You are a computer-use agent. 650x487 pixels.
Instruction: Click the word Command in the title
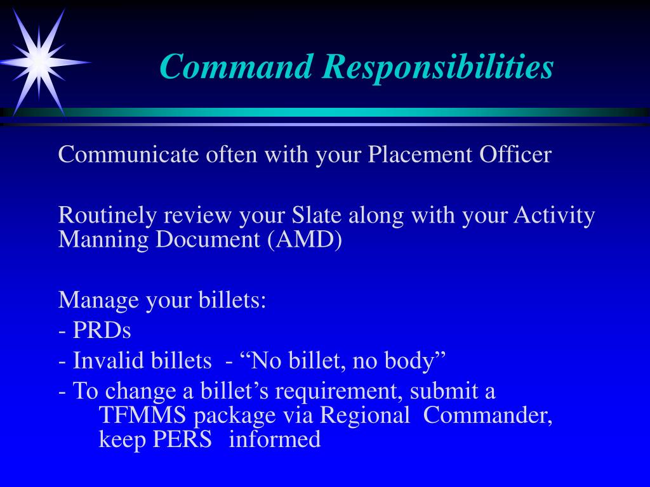click(x=235, y=67)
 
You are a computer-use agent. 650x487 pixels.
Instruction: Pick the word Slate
click(x=317, y=216)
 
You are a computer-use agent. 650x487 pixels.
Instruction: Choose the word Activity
click(x=554, y=216)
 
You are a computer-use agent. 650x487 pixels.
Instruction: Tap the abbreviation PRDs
click(x=102, y=330)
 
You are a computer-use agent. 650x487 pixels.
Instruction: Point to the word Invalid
click(x=102, y=361)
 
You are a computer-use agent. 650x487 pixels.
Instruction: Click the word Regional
click(x=365, y=416)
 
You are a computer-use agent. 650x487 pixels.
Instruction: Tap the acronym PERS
click(x=182, y=439)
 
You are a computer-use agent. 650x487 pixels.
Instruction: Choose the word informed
click(x=275, y=439)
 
